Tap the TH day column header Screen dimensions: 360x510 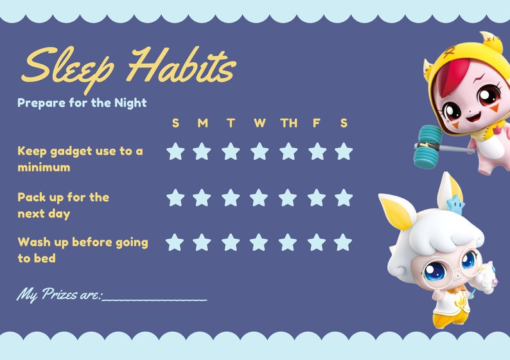[x=288, y=123]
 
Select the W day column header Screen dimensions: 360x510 [x=259, y=123]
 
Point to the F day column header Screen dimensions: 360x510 [x=316, y=123]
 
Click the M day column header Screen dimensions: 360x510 [x=202, y=123]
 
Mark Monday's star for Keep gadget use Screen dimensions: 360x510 [x=202, y=151]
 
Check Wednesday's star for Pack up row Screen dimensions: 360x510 [x=259, y=198]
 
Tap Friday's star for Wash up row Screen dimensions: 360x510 [x=315, y=243]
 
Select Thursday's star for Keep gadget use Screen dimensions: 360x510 [x=288, y=151]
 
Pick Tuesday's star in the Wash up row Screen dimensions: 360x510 [x=231, y=243]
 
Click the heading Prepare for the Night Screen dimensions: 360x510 [x=82, y=103]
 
